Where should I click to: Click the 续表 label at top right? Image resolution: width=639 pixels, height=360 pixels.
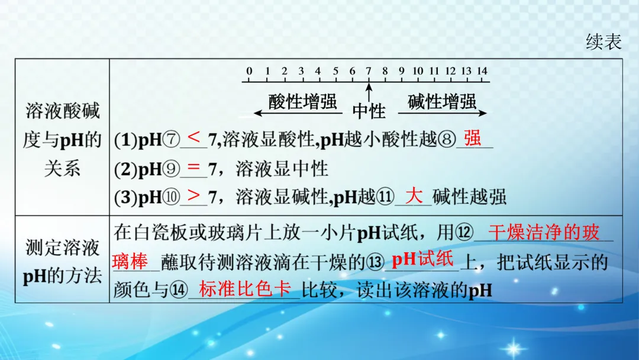(603, 41)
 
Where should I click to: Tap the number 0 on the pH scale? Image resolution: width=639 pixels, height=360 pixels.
(250, 72)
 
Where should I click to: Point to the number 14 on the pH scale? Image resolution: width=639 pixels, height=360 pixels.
(482, 72)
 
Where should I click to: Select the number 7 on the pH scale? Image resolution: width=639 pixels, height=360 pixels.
(368, 72)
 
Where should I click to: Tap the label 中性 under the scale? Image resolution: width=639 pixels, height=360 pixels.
(369, 111)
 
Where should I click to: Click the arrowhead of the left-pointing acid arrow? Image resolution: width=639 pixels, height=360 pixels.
(256, 112)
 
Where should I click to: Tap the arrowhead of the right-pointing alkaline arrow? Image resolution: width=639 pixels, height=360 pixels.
(483, 112)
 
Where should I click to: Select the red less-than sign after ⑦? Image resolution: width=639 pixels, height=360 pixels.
(193, 138)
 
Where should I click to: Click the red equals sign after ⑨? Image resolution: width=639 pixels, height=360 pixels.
(193, 168)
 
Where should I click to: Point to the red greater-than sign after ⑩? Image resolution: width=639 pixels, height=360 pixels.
(193, 195)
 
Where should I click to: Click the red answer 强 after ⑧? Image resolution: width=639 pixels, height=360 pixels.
(472, 138)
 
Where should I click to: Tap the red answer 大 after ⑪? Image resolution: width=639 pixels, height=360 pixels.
(414, 195)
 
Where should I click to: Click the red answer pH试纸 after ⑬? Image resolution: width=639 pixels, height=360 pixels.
(422, 259)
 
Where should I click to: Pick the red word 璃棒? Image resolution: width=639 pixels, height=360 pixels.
(130, 261)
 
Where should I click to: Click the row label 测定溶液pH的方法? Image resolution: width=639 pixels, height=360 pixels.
(62, 261)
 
